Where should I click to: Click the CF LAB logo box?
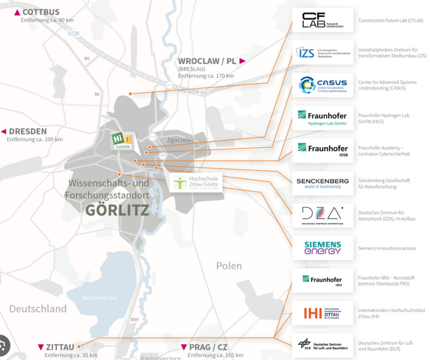tap(322, 20)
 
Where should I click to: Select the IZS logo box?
tap(322, 53)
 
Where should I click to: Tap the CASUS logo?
tap(322, 85)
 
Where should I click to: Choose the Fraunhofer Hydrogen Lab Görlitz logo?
tap(322, 118)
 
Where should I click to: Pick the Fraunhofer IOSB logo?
tap(322, 150)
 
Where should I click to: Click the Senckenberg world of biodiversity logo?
tap(322, 183)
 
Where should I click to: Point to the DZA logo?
tap(322, 216)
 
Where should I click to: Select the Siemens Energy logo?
tap(322, 248)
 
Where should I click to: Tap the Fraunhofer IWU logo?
tap(322, 281)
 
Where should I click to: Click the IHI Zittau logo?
tap(322, 313)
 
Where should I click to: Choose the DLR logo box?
tap(322, 345)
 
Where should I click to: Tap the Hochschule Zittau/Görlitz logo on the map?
tap(196, 182)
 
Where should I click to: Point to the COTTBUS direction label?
tap(41, 12)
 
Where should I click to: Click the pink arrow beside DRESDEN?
tap(4, 132)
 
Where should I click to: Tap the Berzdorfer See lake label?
tap(99, 298)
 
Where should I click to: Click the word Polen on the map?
tap(229, 265)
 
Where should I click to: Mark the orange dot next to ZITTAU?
tap(79, 345)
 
